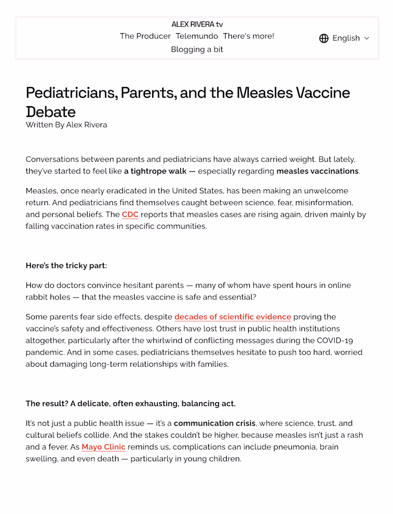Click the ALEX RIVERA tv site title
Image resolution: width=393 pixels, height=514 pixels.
point(197,24)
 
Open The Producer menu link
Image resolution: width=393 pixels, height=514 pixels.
point(145,36)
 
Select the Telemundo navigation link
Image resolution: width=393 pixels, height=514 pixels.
point(196,36)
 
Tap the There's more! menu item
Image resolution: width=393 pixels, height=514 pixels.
point(248,36)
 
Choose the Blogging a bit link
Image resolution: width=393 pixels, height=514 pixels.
point(197,49)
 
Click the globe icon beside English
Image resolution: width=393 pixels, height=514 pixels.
point(324,38)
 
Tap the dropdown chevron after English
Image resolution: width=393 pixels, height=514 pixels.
point(367,38)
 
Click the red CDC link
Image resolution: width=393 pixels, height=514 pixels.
point(130,215)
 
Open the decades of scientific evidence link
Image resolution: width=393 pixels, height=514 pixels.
point(232,317)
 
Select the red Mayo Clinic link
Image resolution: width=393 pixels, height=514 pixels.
point(103,447)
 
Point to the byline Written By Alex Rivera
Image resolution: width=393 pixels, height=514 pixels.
point(66,125)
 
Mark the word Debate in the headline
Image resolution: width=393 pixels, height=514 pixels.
point(51,111)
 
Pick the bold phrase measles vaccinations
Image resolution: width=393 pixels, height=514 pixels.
point(317,171)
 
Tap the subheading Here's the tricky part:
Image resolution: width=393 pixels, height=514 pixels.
point(66,266)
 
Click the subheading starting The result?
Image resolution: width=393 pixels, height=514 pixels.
point(130,404)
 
